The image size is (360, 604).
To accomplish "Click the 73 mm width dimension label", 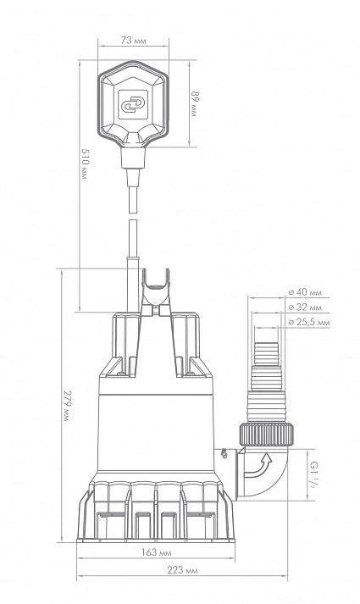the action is pyautogui.click(x=133, y=41).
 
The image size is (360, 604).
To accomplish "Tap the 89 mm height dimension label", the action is pyautogui.click(x=196, y=104).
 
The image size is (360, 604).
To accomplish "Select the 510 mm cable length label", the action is pyautogui.click(x=85, y=163).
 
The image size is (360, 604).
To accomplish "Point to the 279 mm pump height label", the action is pyautogui.click(x=68, y=406).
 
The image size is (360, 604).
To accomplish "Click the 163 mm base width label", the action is pyautogui.click(x=156, y=552).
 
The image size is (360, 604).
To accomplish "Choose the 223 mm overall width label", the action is pyautogui.click(x=182, y=570).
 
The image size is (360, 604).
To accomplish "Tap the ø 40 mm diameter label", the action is pyautogui.click(x=305, y=292).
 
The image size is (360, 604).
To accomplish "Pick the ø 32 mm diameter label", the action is pyautogui.click(x=305, y=308).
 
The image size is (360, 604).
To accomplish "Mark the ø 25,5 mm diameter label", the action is pyautogui.click(x=309, y=323).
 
